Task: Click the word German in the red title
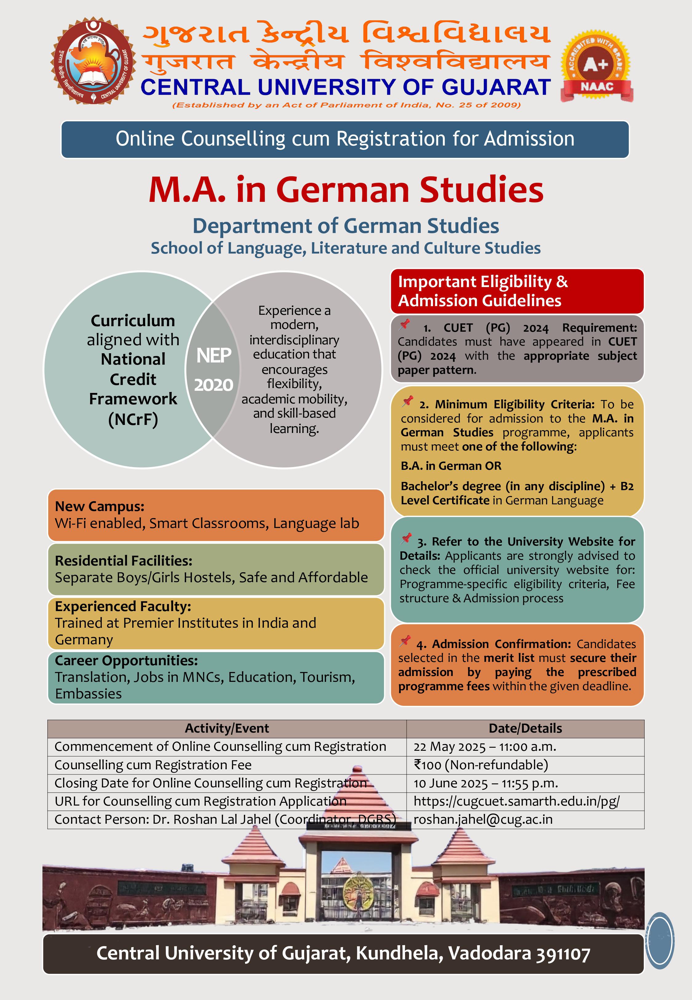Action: click(343, 190)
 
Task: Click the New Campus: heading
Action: click(100, 506)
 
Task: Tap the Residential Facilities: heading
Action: click(124, 560)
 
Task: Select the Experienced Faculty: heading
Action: click(123, 606)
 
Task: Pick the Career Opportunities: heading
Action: click(126, 660)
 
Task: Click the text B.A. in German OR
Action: click(451, 466)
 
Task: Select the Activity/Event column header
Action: click(227, 728)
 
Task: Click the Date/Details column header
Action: click(525, 728)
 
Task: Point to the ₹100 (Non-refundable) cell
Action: click(481, 765)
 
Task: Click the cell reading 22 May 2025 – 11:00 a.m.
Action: click(485, 746)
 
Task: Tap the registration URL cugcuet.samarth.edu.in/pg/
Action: click(516, 801)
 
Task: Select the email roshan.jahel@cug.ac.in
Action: click(483, 819)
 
